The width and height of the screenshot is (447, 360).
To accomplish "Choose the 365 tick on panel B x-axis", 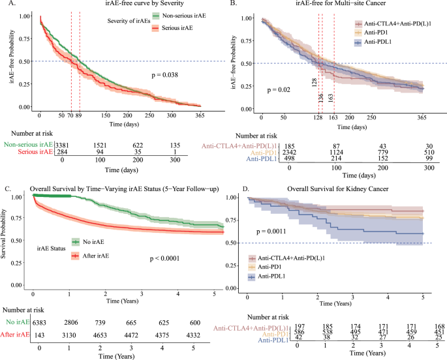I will click(422, 117).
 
